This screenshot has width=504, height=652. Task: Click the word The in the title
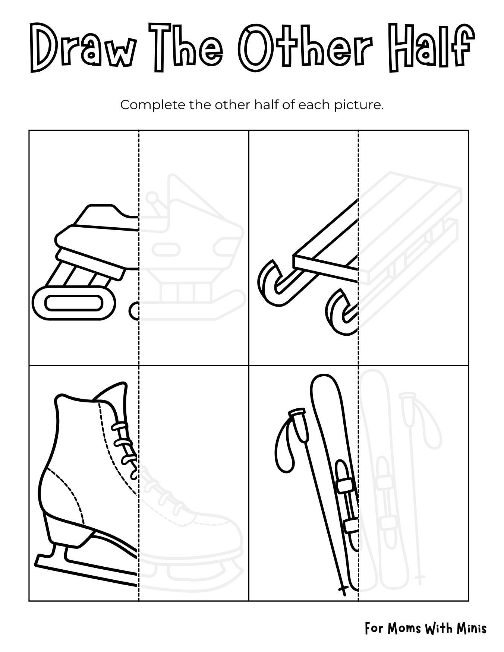coord(188,48)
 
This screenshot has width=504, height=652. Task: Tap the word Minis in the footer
coord(472,629)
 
